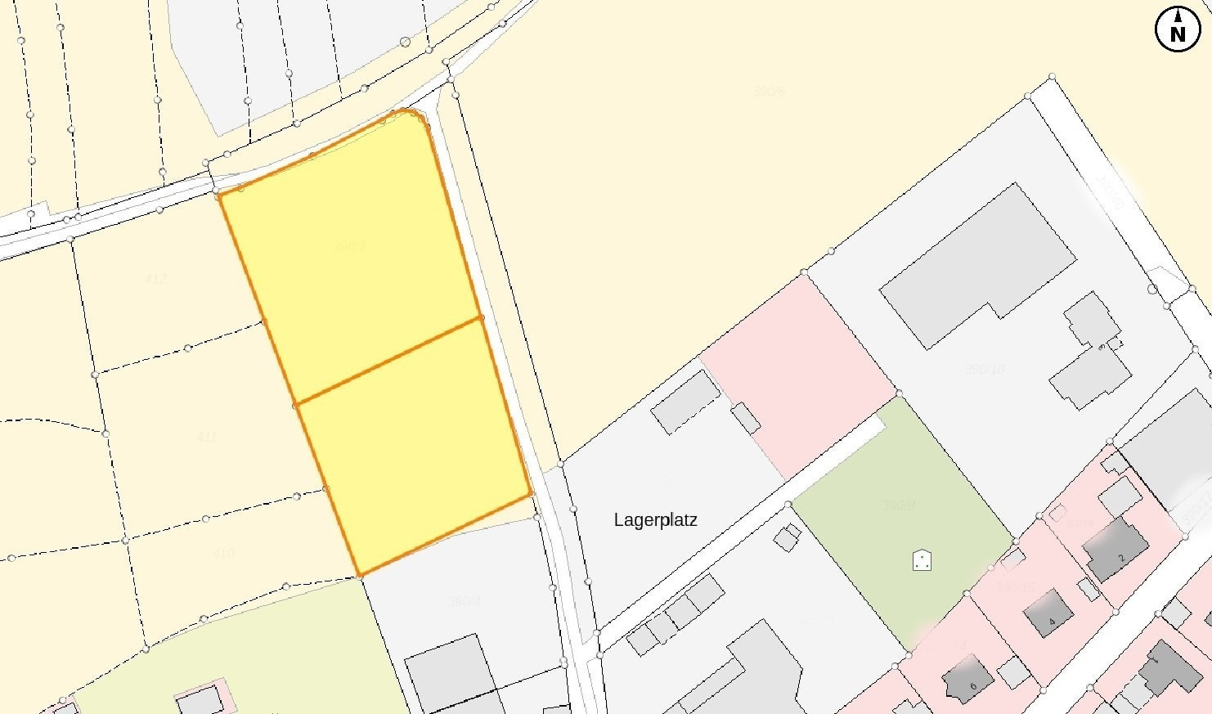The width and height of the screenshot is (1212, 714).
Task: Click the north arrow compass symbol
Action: tap(1177, 29)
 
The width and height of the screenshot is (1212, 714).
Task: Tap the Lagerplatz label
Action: tap(655, 520)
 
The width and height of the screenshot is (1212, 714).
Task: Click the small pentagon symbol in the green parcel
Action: tap(922, 560)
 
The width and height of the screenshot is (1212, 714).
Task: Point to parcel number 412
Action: tap(155, 279)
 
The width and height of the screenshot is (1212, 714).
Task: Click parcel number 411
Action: tap(206, 438)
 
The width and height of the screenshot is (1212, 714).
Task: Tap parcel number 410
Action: tap(222, 553)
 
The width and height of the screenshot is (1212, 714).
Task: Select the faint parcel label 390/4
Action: tap(465, 602)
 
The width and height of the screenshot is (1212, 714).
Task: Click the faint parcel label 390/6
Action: tap(769, 92)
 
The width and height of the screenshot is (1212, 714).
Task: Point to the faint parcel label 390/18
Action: tap(985, 370)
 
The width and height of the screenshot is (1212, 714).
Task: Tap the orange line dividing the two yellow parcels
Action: tap(389, 360)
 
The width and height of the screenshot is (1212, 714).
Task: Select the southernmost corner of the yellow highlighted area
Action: tap(359, 575)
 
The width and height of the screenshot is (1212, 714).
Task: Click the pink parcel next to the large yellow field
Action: tap(797, 372)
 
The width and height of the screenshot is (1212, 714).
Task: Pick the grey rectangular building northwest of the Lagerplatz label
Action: tap(685, 402)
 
